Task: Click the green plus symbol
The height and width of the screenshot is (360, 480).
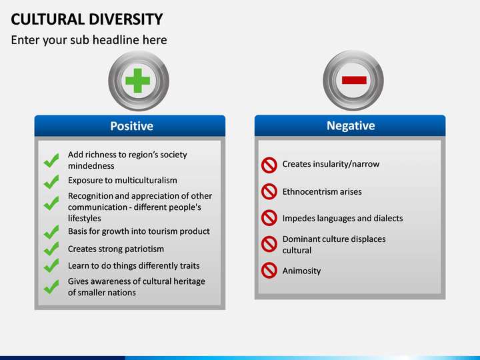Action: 138,81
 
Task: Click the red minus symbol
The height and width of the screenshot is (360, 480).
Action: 354,80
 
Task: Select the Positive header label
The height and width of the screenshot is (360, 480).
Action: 131,126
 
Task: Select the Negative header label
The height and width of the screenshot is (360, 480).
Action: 351,125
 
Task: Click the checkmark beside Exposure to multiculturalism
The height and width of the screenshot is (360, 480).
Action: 51,181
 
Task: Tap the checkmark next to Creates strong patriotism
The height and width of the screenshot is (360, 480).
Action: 51,249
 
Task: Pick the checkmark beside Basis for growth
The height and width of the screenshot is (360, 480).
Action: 51,232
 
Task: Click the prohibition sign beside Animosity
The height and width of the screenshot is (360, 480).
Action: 269,271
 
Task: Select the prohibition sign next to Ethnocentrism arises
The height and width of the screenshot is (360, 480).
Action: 269,191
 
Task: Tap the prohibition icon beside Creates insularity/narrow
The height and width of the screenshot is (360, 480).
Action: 269,165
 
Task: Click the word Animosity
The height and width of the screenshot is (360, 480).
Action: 301,271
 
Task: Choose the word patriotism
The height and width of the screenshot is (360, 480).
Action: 144,249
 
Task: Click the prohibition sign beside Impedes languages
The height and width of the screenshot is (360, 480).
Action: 269,218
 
